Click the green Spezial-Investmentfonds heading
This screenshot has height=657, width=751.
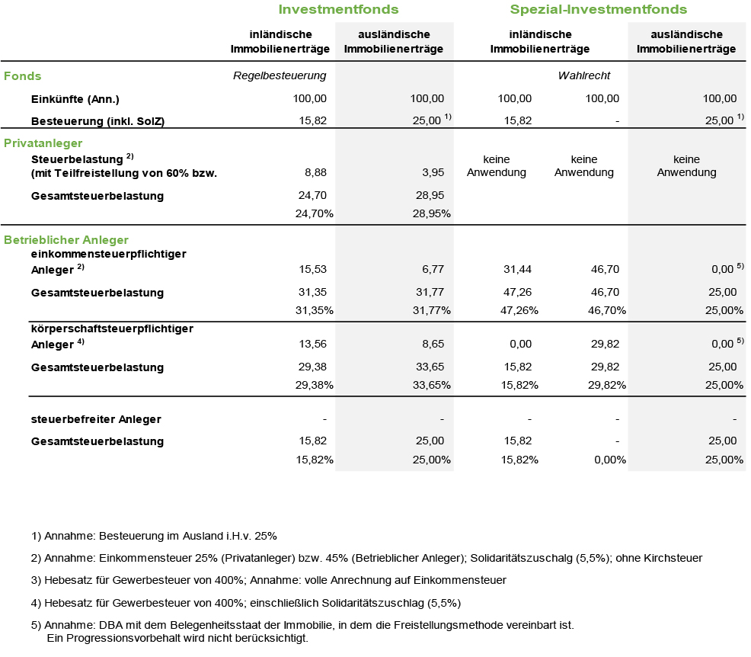tap(598, 10)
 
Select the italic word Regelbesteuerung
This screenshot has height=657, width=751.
tap(280, 75)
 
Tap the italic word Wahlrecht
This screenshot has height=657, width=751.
tap(584, 75)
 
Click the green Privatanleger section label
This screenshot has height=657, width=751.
tap(43, 143)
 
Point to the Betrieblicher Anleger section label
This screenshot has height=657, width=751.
tap(66, 239)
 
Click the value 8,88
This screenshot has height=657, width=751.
tap(315, 172)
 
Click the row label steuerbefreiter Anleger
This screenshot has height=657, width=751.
tap(96, 419)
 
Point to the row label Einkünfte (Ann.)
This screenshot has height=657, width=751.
tap(75, 99)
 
